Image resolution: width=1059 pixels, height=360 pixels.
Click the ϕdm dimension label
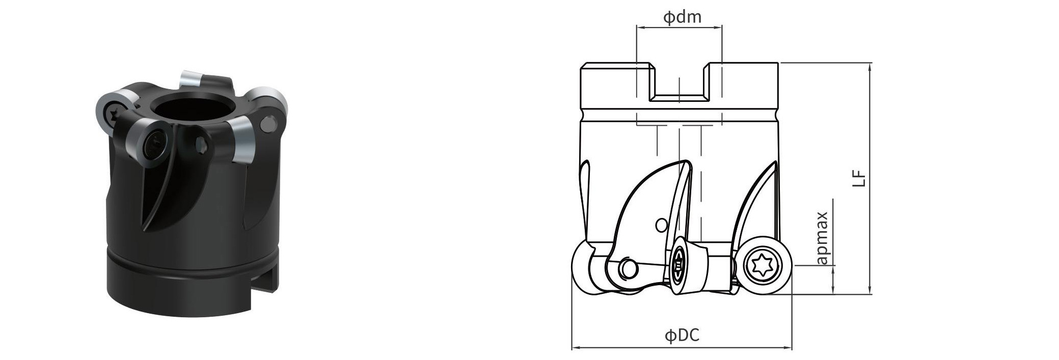coord(682,17)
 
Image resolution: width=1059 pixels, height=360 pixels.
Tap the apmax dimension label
coord(822,238)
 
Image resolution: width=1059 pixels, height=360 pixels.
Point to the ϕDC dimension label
coord(682,335)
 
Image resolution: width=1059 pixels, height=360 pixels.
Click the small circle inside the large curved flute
coord(661,225)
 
